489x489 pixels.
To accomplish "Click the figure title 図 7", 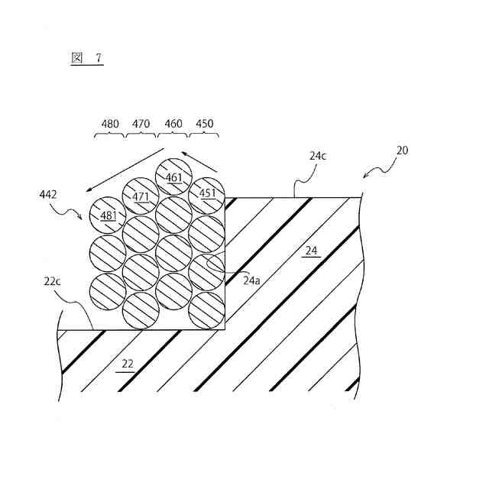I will coord(87,59).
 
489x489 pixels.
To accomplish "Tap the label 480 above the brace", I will coord(110,123).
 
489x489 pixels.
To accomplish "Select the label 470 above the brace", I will coord(141,123).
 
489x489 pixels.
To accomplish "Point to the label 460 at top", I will coord(173,123).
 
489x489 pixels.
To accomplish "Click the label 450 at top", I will coord(204,123).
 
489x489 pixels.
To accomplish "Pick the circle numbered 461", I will coord(174,178).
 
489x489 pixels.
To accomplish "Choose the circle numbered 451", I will coord(208,194).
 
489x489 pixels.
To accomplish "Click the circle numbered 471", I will coord(141,196).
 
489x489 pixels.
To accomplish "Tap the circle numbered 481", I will coord(108,215).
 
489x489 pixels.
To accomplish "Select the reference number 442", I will coord(49,196).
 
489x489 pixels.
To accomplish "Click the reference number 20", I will coord(402,151).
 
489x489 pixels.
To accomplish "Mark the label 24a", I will coord(252,280).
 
